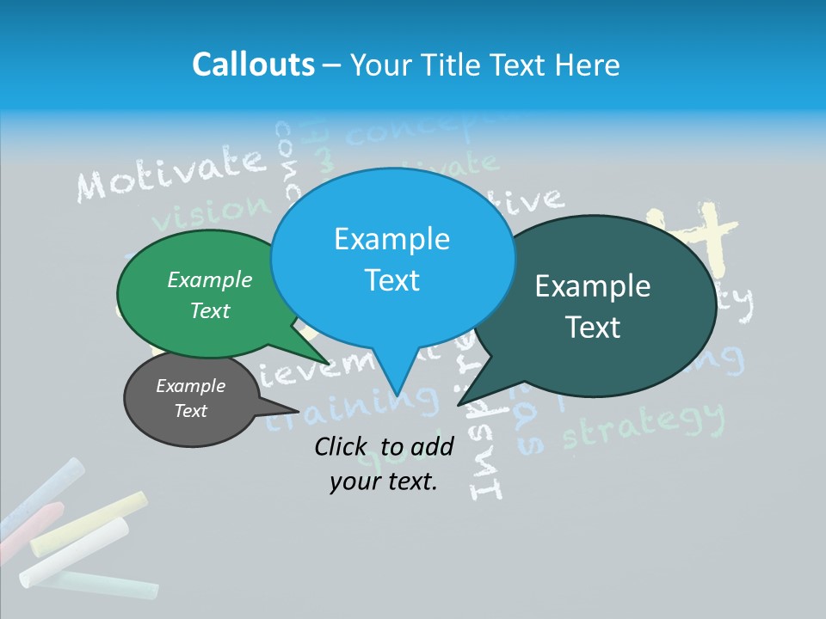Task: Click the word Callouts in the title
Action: (254, 65)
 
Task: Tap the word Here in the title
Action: (588, 65)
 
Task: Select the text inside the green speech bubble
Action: (210, 295)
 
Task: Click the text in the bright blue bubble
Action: (392, 259)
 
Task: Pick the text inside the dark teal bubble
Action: (593, 306)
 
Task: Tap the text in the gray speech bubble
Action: (190, 398)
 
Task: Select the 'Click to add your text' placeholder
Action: (384, 464)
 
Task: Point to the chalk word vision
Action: (215, 210)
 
